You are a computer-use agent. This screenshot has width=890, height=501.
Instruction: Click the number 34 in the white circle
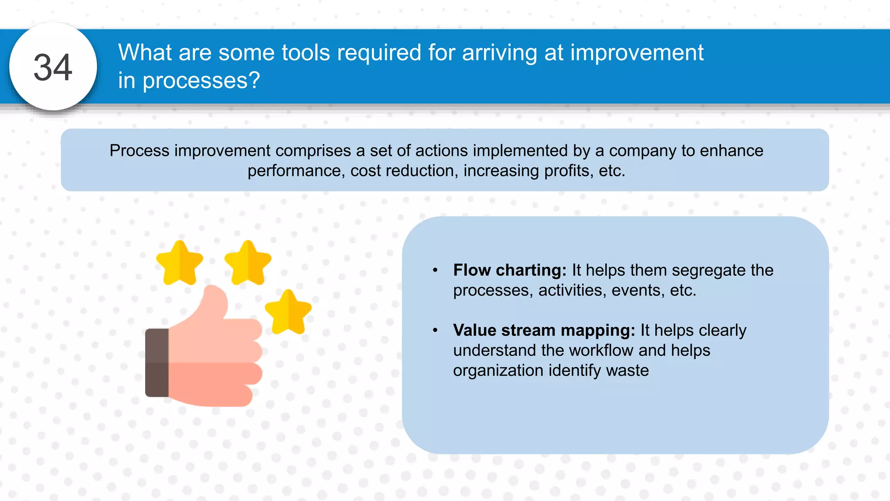coord(53,67)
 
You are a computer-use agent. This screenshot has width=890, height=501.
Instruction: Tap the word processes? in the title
coord(201,80)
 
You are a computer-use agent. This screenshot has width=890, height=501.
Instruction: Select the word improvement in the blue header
coord(637,53)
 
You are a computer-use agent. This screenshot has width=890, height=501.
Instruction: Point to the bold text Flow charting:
coord(509,270)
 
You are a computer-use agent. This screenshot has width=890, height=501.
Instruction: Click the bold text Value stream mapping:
coord(544,330)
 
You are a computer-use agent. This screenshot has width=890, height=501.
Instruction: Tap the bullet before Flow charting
coord(435,271)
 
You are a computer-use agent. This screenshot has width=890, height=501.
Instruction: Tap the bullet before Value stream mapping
coord(435,331)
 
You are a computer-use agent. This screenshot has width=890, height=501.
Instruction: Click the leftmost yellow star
coord(179,263)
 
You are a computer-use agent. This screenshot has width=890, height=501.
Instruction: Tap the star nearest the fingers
coord(288,312)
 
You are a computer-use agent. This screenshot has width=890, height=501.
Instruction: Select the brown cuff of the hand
coord(157,362)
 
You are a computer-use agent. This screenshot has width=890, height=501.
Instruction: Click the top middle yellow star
coord(248,263)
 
